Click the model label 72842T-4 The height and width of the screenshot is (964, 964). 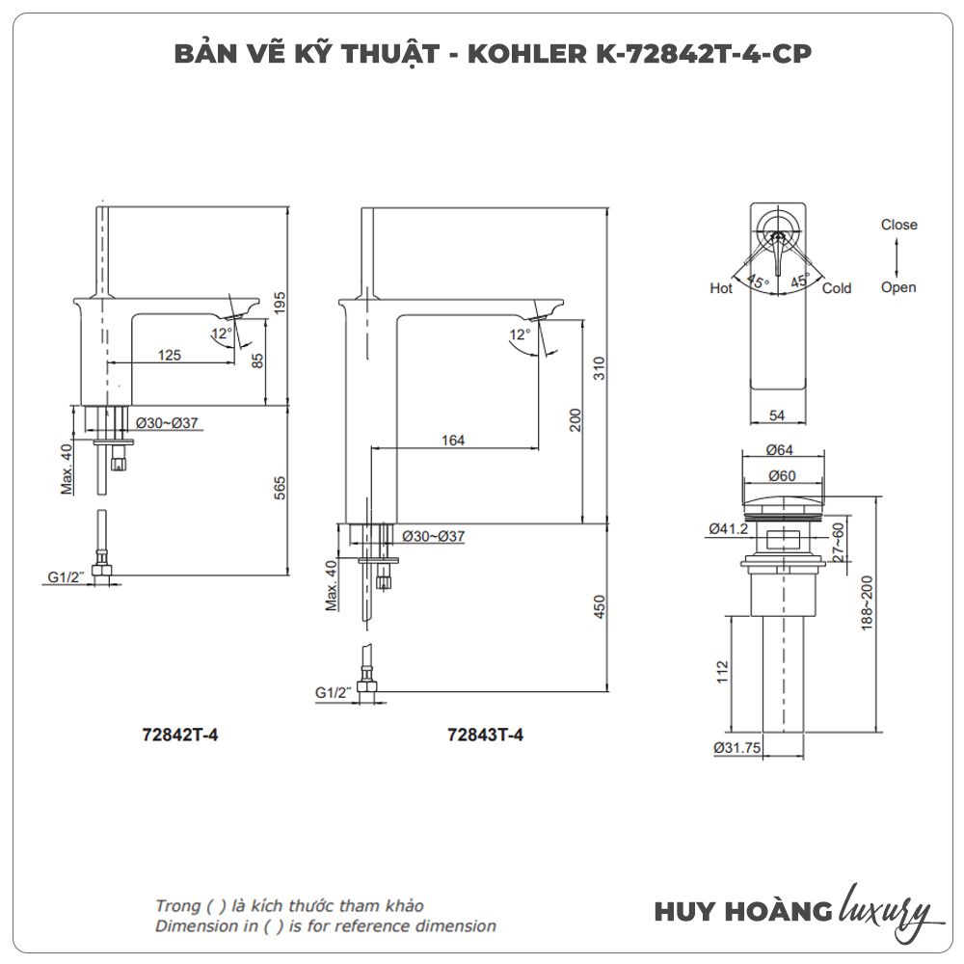click(x=179, y=735)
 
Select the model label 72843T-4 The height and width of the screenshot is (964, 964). click(x=485, y=735)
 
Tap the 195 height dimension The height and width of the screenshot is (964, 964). click(x=280, y=303)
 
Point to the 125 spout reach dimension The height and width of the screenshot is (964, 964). click(x=169, y=355)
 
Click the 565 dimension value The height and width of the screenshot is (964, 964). click(x=280, y=488)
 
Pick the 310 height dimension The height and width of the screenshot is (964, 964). click(x=599, y=368)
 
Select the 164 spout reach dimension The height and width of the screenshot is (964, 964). click(x=452, y=441)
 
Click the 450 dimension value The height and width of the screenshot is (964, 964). click(x=600, y=606)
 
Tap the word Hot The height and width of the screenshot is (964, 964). click(x=721, y=287)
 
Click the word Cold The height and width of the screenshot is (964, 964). click(x=837, y=287)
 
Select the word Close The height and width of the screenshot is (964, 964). click(x=898, y=225)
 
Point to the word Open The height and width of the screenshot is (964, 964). click(x=898, y=287)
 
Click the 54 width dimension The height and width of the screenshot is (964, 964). click(x=777, y=415)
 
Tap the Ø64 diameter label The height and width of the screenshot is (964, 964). click(x=780, y=450)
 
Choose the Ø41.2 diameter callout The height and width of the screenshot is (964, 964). click(x=729, y=528)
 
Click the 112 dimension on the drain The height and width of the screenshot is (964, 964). click(x=722, y=672)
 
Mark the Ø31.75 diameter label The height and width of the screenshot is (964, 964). click(x=737, y=748)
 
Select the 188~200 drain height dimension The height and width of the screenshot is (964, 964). click(x=867, y=602)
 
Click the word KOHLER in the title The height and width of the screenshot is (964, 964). click(x=527, y=54)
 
